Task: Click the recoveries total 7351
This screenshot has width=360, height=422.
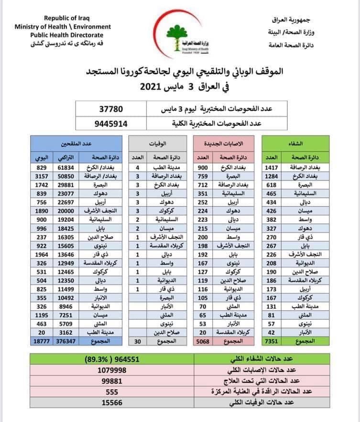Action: coord(271,342)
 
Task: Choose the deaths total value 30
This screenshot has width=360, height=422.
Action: coord(137,342)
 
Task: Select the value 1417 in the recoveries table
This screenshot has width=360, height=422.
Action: coord(271,167)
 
